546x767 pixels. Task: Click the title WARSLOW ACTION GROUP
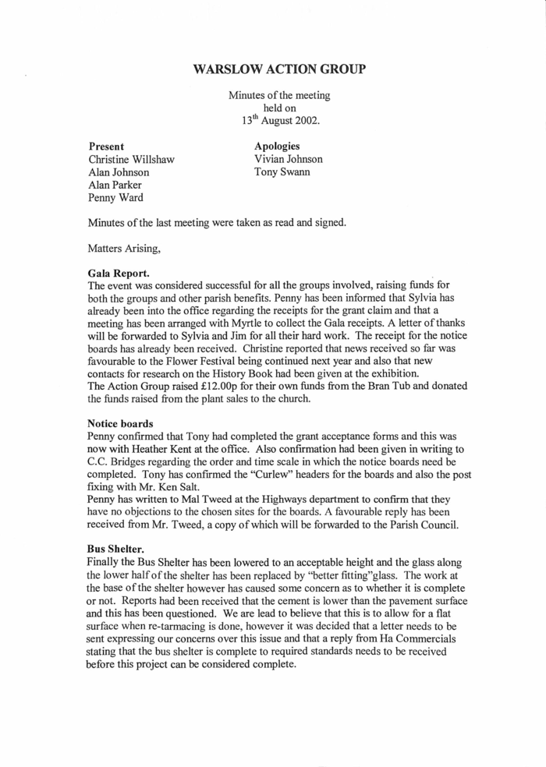[x=278, y=70]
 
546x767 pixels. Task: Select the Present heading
[x=107, y=146]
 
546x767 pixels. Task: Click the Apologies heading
[x=277, y=146]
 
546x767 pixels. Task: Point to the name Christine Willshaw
[x=131, y=159]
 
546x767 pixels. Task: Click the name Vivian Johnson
[x=288, y=159]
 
